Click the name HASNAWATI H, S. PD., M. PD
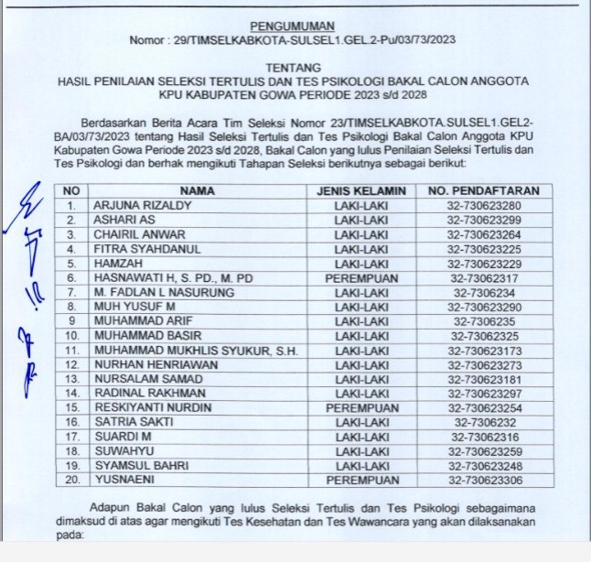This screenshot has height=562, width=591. (173, 277)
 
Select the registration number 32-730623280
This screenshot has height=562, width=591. (486, 206)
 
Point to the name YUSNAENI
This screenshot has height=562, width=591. (123, 478)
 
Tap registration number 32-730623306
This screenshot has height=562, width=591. (486, 478)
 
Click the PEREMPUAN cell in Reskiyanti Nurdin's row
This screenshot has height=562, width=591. (360, 406)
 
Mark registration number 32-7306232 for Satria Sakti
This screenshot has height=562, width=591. (486, 421)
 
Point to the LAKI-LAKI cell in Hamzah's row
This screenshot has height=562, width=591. (360, 263)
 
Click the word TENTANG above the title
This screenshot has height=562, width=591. (293, 68)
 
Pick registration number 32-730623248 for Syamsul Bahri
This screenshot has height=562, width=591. (486, 463)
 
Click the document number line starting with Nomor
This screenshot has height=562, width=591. (293, 39)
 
